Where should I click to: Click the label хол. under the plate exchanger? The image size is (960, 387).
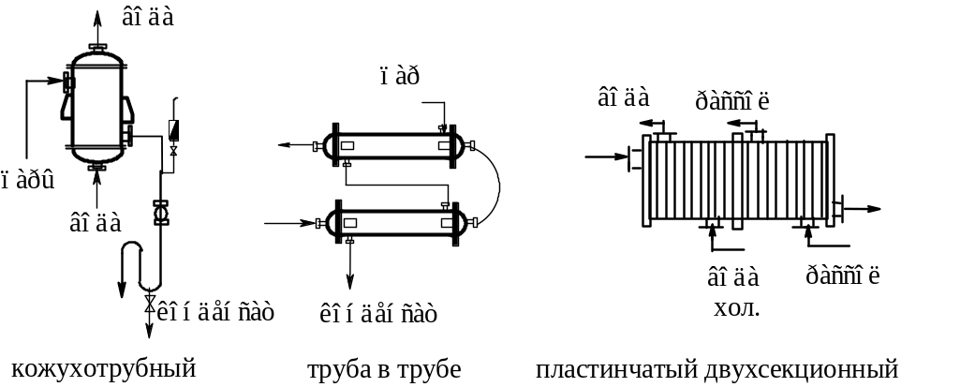click(736, 307)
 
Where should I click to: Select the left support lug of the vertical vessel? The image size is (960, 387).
click(66, 107)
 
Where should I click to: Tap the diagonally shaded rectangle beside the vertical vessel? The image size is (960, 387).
click(174, 130)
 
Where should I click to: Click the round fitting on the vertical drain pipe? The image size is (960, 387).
click(161, 213)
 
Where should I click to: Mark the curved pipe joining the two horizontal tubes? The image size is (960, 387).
click(495, 184)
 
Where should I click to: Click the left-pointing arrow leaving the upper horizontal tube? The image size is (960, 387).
click(296, 145)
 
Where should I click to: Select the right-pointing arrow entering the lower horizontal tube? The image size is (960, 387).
click(289, 224)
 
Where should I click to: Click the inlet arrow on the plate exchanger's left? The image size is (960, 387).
click(607, 157)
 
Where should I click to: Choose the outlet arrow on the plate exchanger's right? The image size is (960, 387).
click(863, 209)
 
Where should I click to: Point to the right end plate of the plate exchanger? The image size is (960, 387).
click(830, 181)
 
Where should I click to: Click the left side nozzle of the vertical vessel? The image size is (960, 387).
click(68, 82)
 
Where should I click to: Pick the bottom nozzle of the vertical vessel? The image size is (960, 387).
click(96, 167)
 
